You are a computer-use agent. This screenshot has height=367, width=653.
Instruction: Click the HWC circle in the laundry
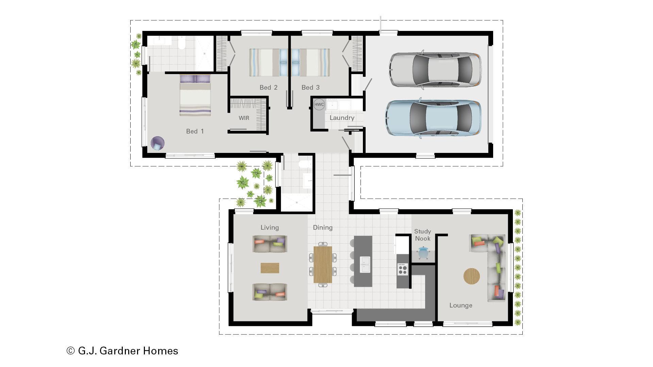[x=319, y=104]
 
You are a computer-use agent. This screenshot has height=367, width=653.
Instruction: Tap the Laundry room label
[x=342, y=118]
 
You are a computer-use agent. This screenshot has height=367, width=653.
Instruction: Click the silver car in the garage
[x=435, y=70]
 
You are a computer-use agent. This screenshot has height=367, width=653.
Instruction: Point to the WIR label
[x=244, y=118]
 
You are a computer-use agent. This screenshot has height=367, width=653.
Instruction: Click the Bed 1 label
[x=195, y=131]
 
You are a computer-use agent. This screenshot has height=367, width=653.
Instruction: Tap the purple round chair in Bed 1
[x=157, y=143]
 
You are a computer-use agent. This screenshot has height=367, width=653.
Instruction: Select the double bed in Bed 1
[x=195, y=96]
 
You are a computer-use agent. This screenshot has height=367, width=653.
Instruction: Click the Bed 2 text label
[x=268, y=88]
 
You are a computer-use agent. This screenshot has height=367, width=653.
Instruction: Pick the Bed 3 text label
[x=311, y=88]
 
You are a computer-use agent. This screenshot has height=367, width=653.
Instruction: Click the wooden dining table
[x=322, y=264]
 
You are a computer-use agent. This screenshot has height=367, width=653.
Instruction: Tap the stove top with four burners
[x=403, y=269]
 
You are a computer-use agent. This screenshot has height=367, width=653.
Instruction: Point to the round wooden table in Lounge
[x=471, y=276]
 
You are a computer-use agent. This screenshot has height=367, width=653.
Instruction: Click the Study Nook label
[x=422, y=235]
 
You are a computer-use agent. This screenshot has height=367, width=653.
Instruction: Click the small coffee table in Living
[x=270, y=268]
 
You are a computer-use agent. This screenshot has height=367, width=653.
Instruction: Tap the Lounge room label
[x=461, y=305]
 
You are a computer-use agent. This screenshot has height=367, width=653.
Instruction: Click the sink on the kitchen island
[x=365, y=265]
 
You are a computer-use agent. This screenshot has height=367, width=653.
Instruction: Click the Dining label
[x=322, y=228]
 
